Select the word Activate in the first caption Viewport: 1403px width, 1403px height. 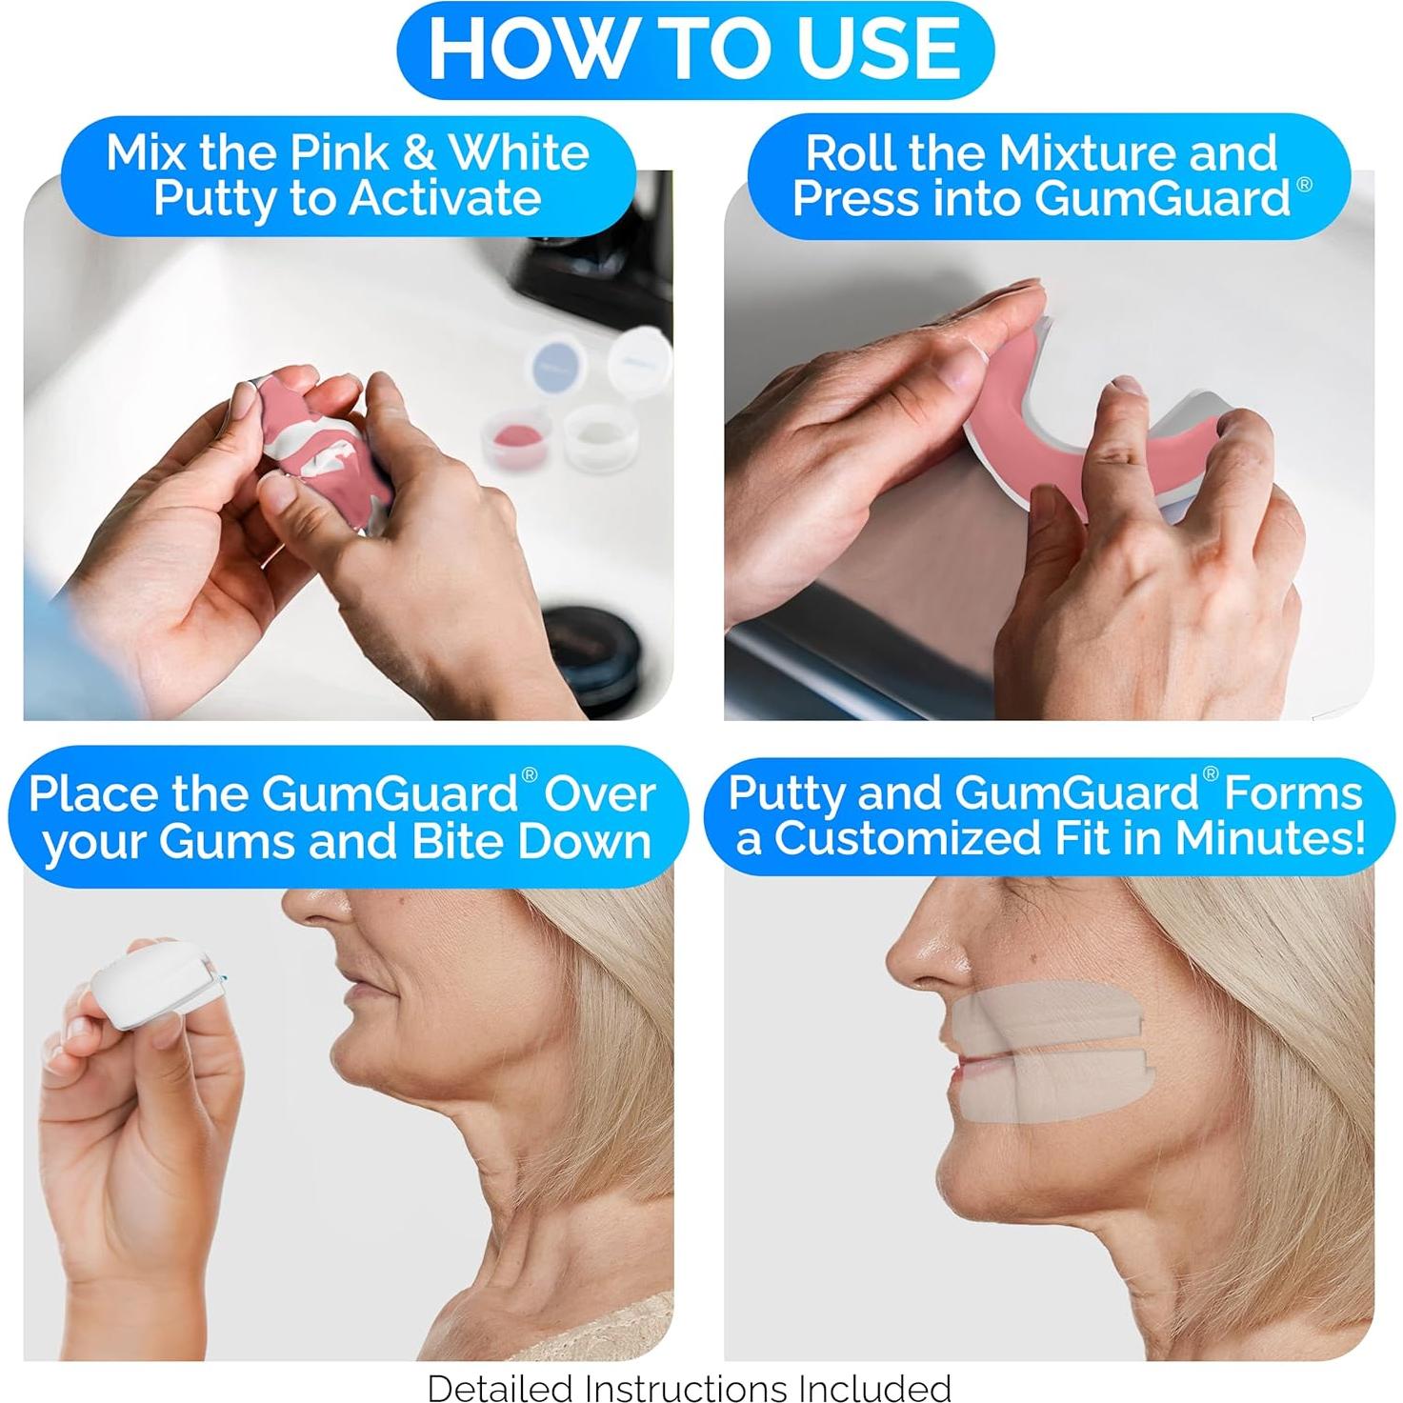click(444, 199)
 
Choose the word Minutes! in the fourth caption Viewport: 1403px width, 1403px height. click(1271, 838)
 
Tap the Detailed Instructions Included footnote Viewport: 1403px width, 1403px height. click(689, 1387)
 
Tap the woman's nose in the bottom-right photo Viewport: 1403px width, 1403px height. click(924, 952)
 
